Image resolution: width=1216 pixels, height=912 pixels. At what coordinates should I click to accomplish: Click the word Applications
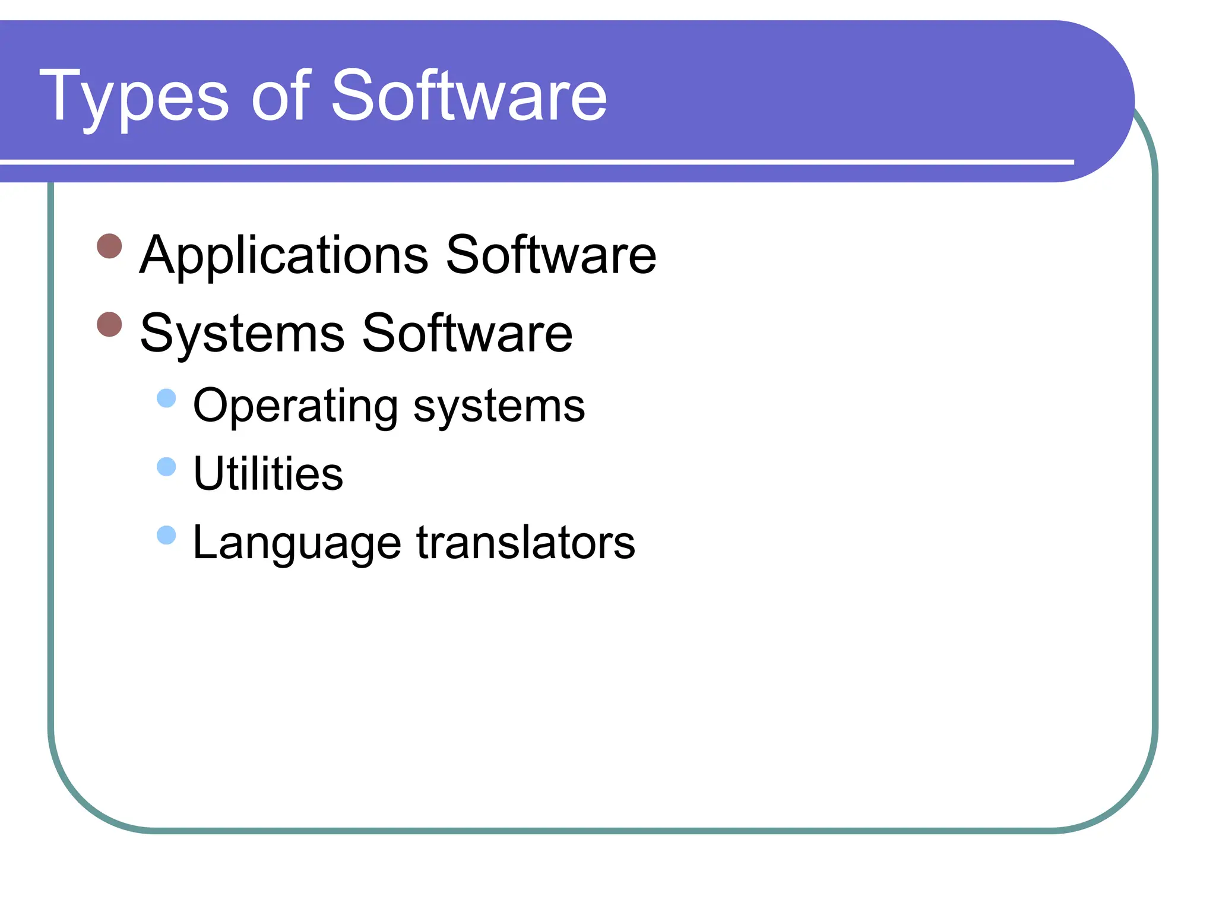[x=284, y=255]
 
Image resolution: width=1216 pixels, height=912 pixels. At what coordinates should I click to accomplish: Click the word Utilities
[x=268, y=474]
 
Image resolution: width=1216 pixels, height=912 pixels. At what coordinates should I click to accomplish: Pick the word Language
[x=297, y=543]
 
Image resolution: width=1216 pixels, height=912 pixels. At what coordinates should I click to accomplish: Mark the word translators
[x=525, y=542]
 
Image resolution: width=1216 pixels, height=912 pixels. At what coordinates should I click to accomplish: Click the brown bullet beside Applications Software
[x=109, y=246]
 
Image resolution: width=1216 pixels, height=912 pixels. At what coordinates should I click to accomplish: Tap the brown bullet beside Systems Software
[x=109, y=324]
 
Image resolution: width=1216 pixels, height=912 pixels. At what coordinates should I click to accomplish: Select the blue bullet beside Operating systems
[x=167, y=398]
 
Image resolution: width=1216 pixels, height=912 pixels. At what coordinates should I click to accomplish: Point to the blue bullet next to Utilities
[x=167, y=467]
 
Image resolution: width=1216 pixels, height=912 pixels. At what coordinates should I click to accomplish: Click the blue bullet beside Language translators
[x=167, y=535]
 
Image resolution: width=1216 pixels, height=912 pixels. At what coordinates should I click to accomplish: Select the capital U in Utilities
[x=208, y=473]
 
